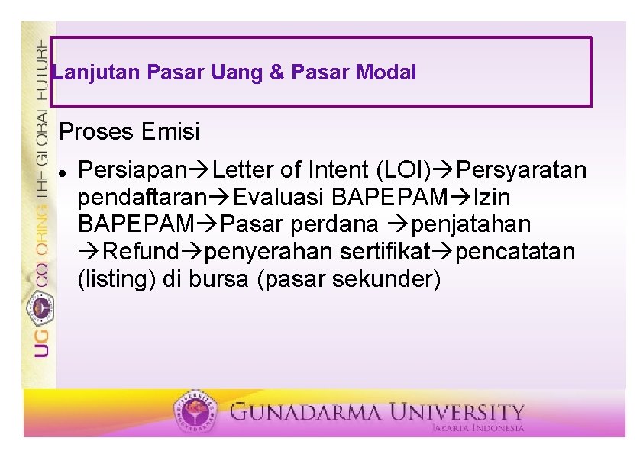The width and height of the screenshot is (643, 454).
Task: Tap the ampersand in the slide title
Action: pos(277,73)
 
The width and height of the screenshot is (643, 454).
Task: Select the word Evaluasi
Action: pos(278,197)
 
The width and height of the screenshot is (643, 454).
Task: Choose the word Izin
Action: pos(493,197)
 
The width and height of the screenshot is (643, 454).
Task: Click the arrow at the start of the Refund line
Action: pos(89,252)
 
